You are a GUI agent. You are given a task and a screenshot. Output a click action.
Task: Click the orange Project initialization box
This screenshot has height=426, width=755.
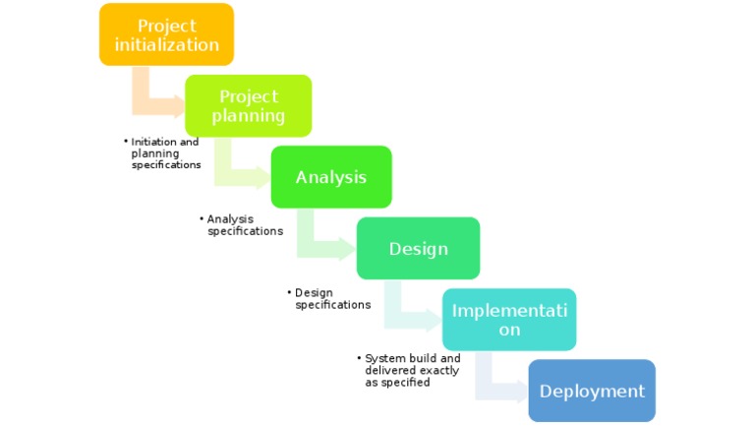pos(166,34)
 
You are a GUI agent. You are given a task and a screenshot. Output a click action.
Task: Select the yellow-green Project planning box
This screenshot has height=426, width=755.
pos(248,105)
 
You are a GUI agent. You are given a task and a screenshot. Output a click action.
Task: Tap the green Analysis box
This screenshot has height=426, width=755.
pos(331,177)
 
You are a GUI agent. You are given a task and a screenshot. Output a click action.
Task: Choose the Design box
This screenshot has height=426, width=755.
pos(418,248)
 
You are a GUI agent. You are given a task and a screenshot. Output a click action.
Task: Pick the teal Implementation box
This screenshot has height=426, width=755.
pos(508,320)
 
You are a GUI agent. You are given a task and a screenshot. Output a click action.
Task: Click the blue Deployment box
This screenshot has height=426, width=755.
pos(592,391)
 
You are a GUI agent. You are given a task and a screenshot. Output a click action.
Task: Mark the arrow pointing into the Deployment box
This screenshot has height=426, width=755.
pos(496,385)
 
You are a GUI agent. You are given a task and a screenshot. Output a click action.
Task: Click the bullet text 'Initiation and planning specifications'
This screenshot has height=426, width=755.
pos(165,153)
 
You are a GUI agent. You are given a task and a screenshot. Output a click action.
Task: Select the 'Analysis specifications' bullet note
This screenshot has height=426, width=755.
pos(243,225)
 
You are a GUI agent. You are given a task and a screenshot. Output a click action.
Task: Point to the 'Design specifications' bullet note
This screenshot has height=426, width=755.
pos(331,299)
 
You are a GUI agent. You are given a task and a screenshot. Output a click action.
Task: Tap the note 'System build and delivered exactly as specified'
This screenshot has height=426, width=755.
pos(410,371)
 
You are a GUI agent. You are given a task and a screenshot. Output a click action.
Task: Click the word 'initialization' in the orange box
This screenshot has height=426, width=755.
pos(166,45)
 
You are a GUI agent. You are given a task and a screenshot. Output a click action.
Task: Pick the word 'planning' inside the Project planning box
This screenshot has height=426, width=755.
pos(248,116)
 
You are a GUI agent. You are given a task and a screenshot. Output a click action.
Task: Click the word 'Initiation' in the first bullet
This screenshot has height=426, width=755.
pos(152,142)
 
